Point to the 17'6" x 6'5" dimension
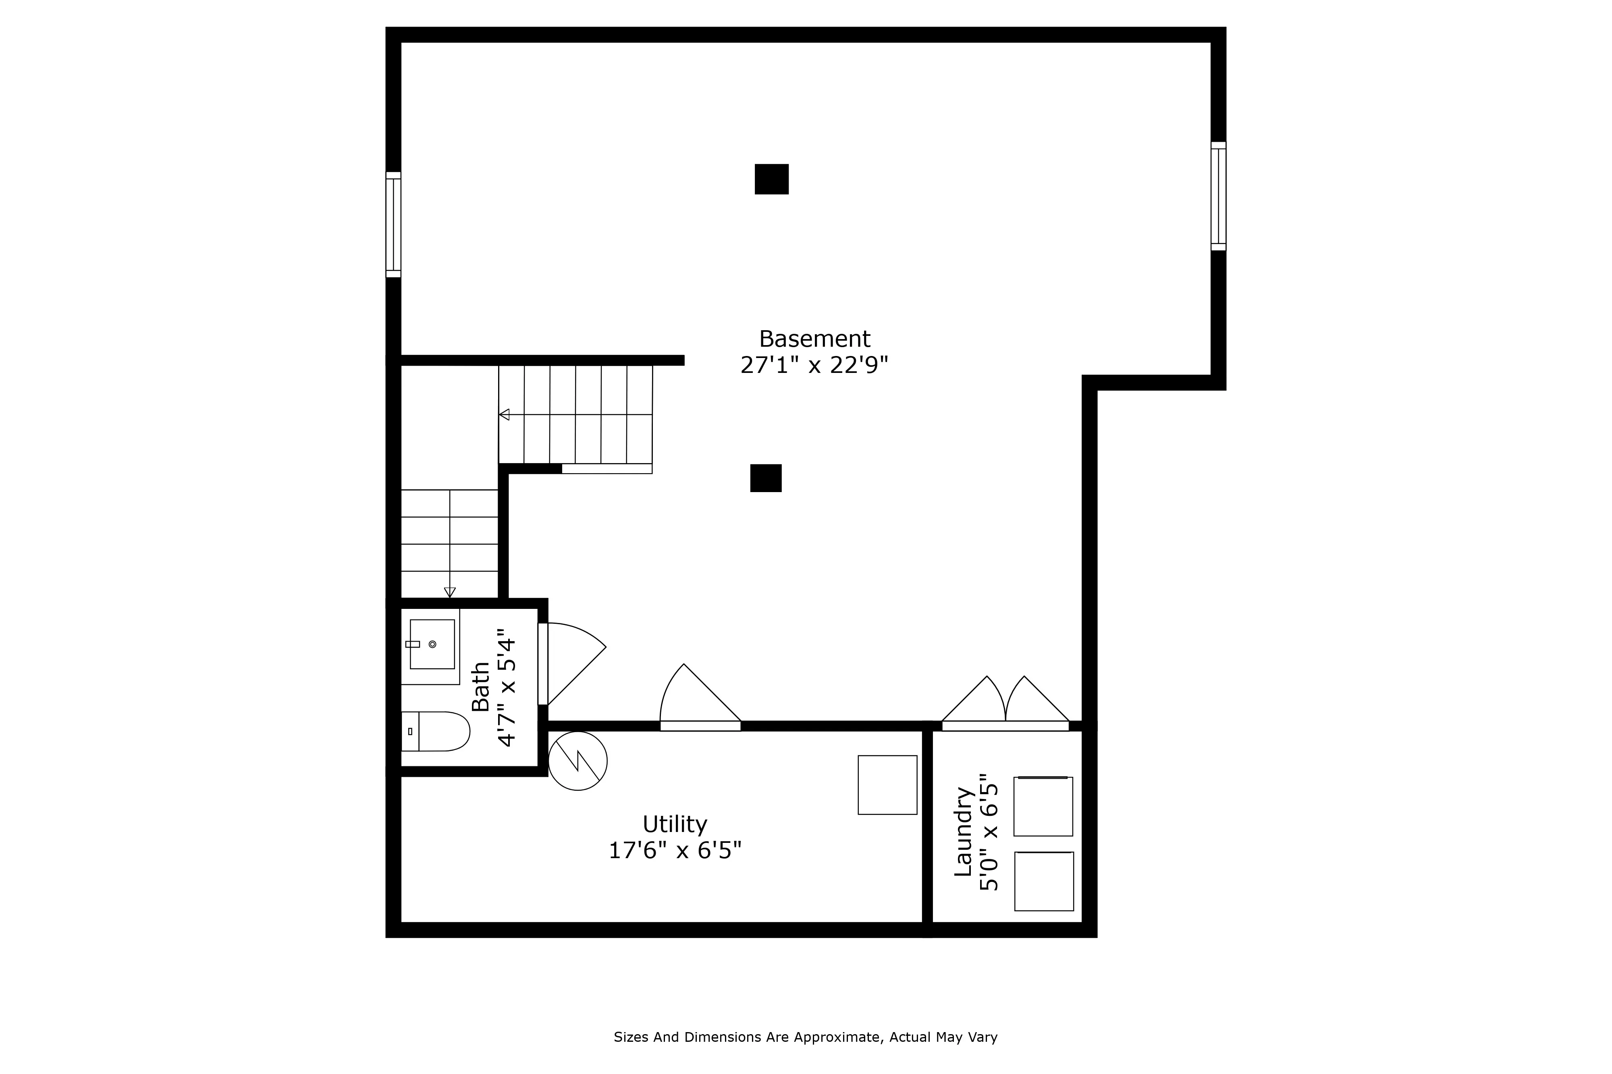click(675, 851)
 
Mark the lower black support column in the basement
click(766, 478)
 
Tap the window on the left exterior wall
click(393, 225)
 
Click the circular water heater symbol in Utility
click(578, 761)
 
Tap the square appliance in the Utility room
click(887, 785)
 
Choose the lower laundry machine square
click(1044, 882)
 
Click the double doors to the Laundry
click(1005, 706)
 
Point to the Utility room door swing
click(692, 699)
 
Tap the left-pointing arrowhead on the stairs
click(505, 414)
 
